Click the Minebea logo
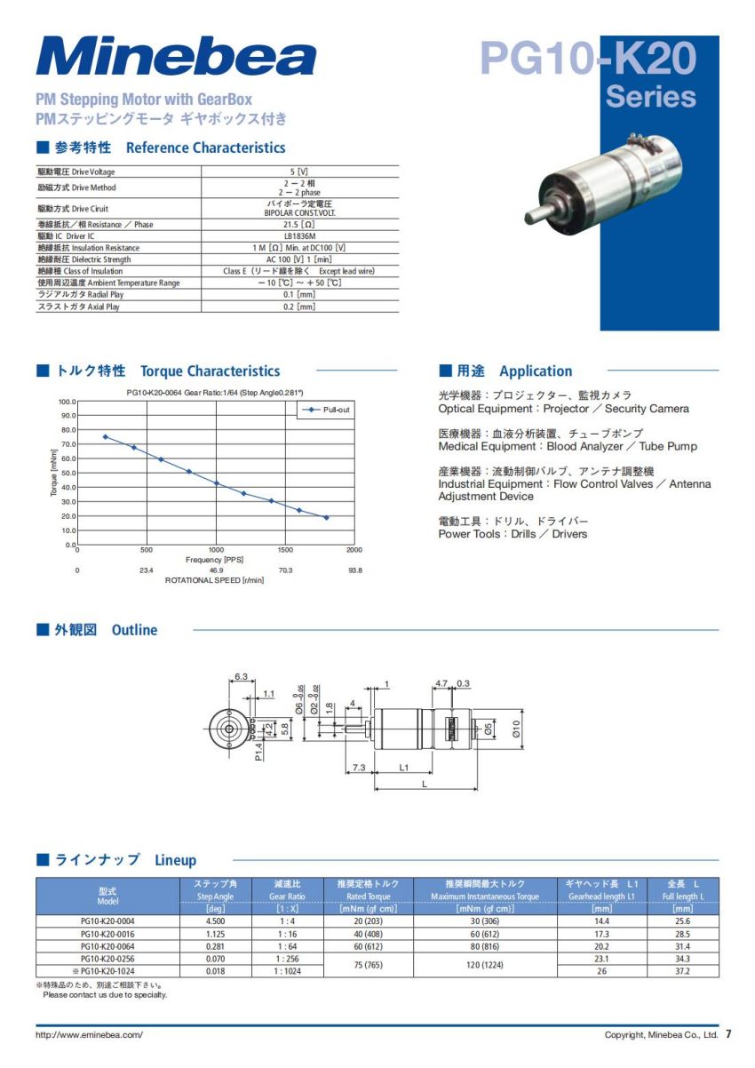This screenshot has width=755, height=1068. point(176,57)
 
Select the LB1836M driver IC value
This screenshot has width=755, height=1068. point(299,236)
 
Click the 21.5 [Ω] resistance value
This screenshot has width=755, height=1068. point(299,225)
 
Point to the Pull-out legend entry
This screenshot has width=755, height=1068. point(329,410)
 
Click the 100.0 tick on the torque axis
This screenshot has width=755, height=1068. point(68,402)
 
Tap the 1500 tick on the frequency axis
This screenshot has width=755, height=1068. point(285,550)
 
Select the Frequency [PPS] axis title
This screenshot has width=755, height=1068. point(214,560)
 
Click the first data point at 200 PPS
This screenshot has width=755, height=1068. point(105,436)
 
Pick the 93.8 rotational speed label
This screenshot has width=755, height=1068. point(354,570)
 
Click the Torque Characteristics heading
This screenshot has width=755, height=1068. point(210,371)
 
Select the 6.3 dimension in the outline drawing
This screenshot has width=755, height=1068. point(241,677)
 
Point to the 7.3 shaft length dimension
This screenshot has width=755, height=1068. point(359,767)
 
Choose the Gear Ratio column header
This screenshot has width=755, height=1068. point(287,897)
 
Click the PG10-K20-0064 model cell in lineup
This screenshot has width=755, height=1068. point(107,946)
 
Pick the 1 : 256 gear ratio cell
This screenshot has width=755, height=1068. point(287,959)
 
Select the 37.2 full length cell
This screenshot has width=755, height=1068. point(682,971)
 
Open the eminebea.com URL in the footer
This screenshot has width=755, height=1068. point(89,1035)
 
